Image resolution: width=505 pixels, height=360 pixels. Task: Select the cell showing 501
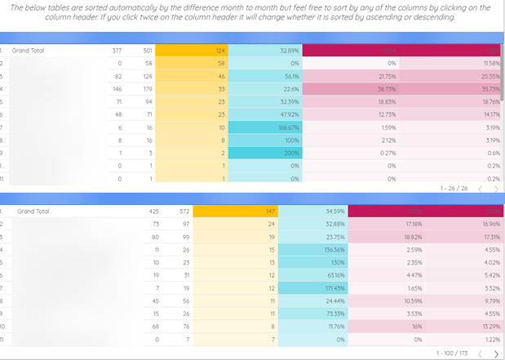[147, 51]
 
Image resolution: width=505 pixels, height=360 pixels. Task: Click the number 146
[116, 89]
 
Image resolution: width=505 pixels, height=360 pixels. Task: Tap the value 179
[147, 89]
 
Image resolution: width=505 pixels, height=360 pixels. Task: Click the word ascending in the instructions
[395, 16]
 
